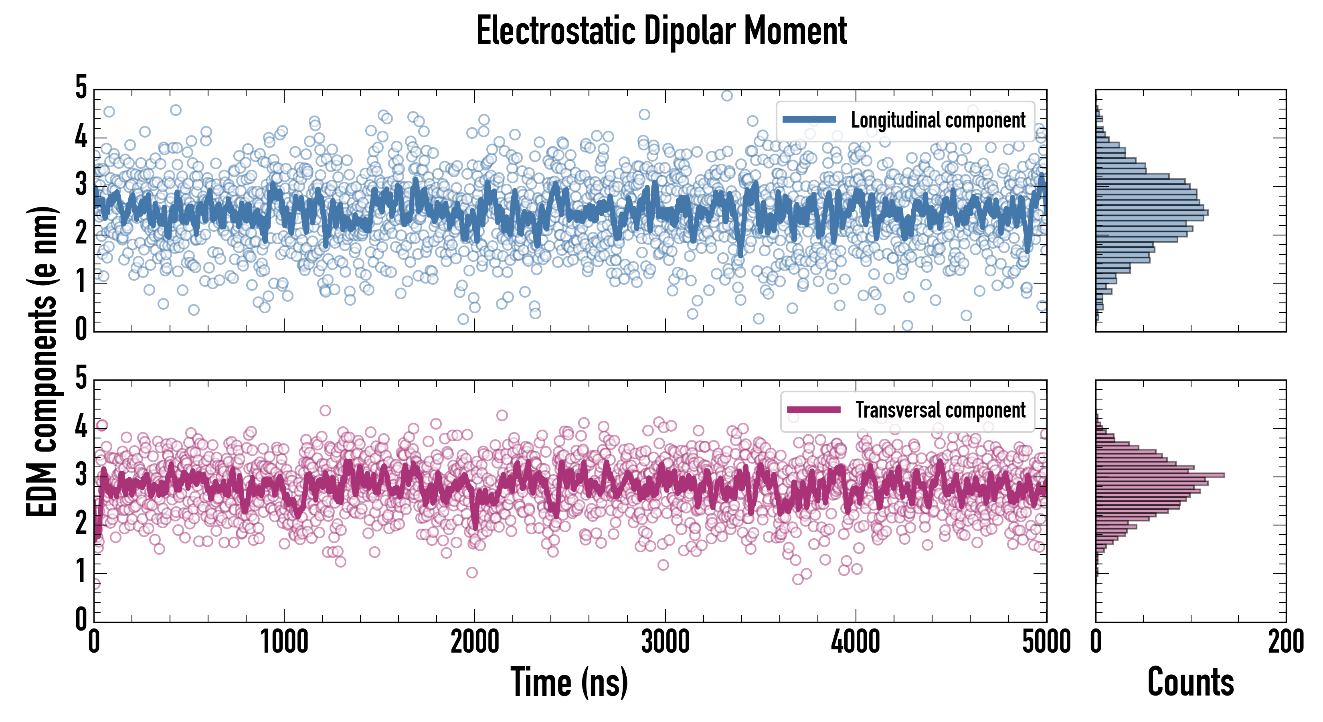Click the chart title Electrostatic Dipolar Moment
661,31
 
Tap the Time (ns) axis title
569,682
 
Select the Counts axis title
1190,682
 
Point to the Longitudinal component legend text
938,120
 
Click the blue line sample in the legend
809,120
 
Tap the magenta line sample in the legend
813,410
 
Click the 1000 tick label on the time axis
284,642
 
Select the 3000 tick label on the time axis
665,642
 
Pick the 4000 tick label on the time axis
856,642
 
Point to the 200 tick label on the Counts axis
1285,642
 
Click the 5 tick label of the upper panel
81,88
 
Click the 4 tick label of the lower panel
81,426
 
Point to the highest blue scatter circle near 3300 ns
727,95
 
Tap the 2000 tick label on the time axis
475,642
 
